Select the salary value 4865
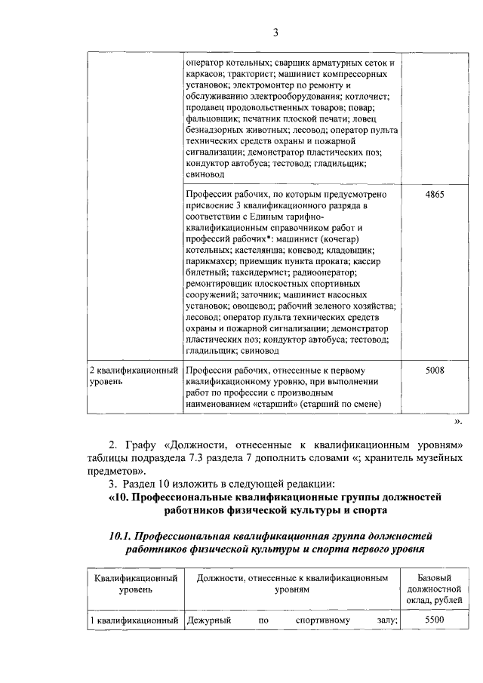[x=435, y=195]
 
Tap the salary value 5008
[x=435, y=371]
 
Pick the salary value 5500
[x=435, y=620]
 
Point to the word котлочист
[x=369, y=97]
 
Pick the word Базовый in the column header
[x=434, y=577]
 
